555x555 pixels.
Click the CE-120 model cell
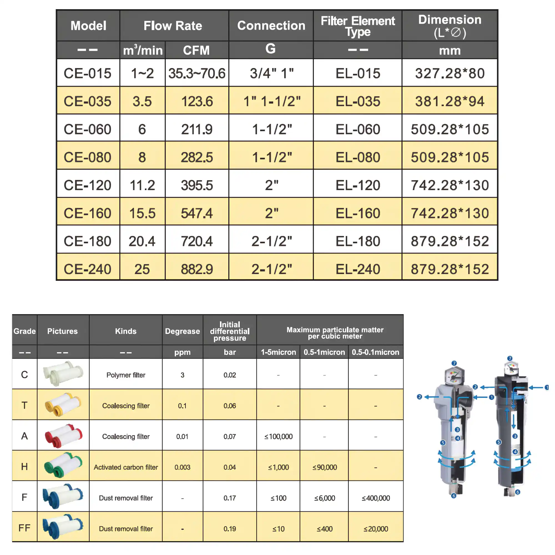pos(87,185)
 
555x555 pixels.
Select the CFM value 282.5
pos(197,157)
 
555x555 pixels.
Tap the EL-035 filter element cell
pos(358,101)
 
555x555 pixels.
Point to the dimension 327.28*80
pos(450,73)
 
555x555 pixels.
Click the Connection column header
pos(271,26)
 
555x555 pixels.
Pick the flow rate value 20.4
pos(142,241)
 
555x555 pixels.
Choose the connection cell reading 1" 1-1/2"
pos(272,101)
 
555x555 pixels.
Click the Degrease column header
pos(182,331)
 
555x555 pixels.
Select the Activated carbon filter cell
pos(126,467)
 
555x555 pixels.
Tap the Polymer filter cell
pos(126,375)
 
